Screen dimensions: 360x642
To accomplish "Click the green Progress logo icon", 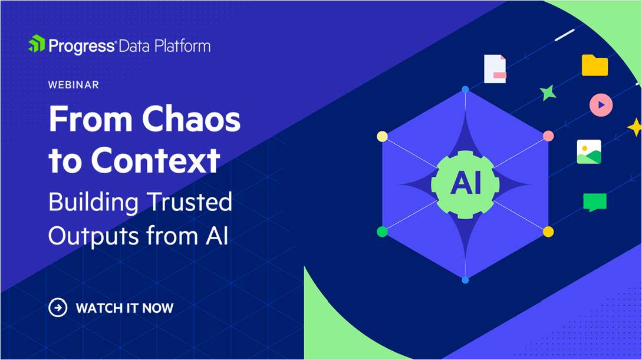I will pyautogui.click(x=37, y=45).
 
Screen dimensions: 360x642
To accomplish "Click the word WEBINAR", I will pyautogui.click(x=74, y=85).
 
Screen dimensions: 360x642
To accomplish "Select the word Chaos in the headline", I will pyautogui.click(x=192, y=120).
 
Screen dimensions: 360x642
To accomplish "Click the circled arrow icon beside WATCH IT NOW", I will pyautogui.click(x=58, y=308).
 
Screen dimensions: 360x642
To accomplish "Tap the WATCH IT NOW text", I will pyautogui.click(x=125, y=308).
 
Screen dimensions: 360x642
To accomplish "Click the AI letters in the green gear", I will pyautogui.click(x=465, y=184).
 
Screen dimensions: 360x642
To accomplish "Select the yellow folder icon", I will pyautogui.click(x=595, y=65).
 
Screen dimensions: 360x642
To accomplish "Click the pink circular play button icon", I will pyautogui.click(x=601, y=105).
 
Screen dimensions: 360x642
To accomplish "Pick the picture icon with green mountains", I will pyautogui.click(x=589, y=152).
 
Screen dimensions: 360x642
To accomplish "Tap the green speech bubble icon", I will pyautogui.click(x=595, y=202).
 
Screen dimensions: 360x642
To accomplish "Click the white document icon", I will pyautogui.click(x=495, y=69).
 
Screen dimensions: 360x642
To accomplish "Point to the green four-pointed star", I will pyautogui.click(x=548, y=93).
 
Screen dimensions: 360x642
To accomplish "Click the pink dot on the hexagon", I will pyautogui.click(x=548, y=136).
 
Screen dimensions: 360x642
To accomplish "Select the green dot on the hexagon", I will pyautogui.click(x=382, y=232).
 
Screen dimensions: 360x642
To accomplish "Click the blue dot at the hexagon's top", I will pyautogui.click(x=465, y=89).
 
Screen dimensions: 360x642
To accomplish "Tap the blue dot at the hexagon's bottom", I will pyautogui.click(x=465, y=279).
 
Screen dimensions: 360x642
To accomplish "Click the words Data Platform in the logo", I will pyautogui.click(x=164, y=45).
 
